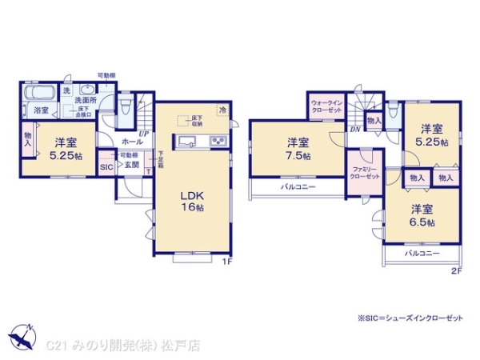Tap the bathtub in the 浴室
pyautogui.click(x=38, y=93)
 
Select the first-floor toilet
pyautogui.click(x=124, y=107)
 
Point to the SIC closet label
pyautogui.click(x=106, y=168)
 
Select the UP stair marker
pyautogui.click(x=144, y=134)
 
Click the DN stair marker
pyautogui.click(x=354, y=128)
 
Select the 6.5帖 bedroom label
pyautogui.click(x=422, y=214)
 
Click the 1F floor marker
pyautogui.click(x=226, y=261)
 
